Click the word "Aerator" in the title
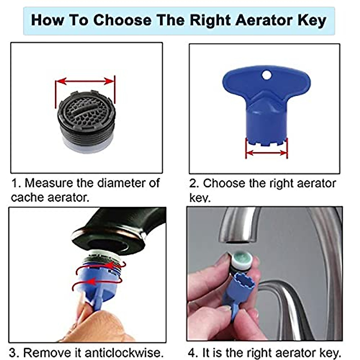click(x=263, y=20)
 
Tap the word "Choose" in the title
click(x=122, y=20)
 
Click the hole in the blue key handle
click(x=266, y=75)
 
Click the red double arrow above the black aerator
click(x=85, y=81)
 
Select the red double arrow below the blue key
click(x=266, y=153)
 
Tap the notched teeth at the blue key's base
click(x=266, y=141)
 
